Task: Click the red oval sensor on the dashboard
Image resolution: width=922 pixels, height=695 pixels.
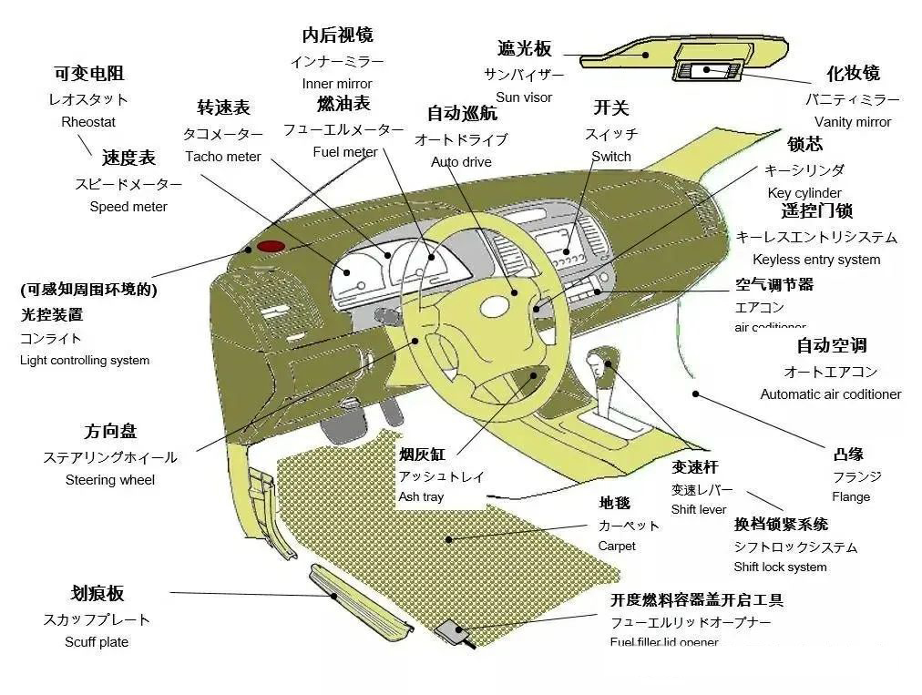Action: [270, 246]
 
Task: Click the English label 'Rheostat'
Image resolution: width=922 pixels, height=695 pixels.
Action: [88, 122]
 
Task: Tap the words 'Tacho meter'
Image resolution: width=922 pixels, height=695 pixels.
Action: [222, 157]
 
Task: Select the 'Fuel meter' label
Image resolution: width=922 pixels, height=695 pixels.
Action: [344, 152]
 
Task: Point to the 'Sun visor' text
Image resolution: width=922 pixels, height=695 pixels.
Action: [524, 97]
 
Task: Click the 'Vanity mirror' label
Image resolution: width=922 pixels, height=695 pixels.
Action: [853, 122]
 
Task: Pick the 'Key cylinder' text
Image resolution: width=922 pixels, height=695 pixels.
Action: [804, 193]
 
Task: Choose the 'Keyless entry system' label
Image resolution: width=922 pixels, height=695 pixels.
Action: [816, 260]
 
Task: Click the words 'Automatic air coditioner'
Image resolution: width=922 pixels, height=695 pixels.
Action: [831, 394]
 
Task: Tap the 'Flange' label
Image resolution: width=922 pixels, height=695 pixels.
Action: [851, 497]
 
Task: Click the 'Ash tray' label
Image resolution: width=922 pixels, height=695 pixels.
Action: [421, 497]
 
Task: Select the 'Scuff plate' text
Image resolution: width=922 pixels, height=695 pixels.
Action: [97, 642]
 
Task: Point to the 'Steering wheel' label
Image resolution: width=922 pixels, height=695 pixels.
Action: [110, 480]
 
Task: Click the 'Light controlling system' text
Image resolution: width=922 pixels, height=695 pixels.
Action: [85, 360]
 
